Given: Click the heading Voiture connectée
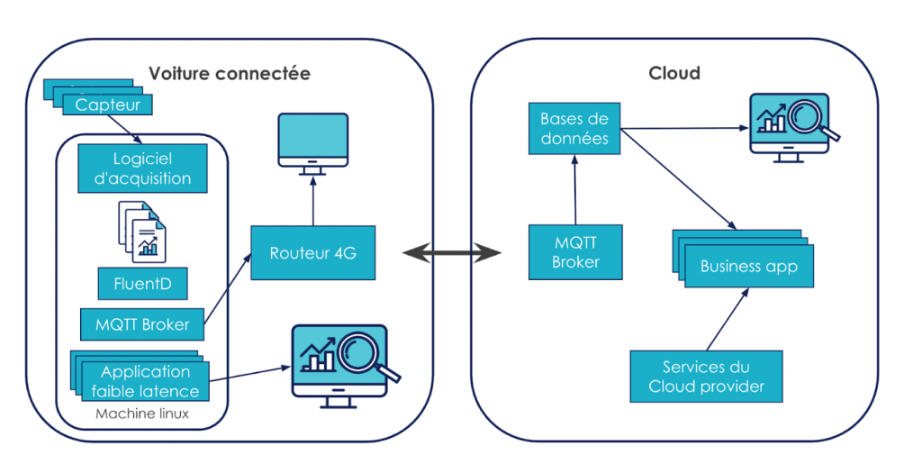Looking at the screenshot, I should (x=229, y=74).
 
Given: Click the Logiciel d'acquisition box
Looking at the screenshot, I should (x=143, y=168).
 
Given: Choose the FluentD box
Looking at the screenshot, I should (x=143, y=284).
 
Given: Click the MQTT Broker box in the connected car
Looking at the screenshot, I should (x=142, y=324).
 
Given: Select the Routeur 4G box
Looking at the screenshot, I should (x=312, y=253).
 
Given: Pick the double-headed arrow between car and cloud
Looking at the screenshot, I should (x=451, y=253).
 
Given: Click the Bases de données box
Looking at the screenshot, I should (x=574, y=129).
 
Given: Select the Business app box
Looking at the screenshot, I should (x=748, y=266).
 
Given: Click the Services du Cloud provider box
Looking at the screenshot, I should (x=706, y=377).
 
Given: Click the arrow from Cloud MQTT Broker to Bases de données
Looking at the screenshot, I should (x=574, y=189).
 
